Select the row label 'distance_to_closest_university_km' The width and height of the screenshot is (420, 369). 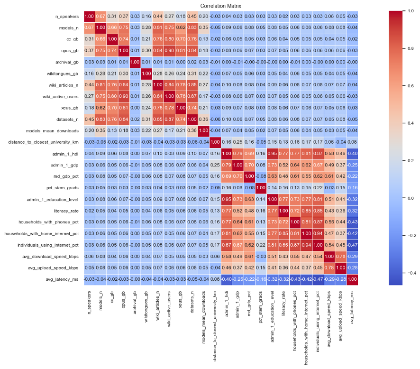(43, 142)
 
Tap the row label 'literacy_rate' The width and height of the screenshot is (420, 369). (67, 211)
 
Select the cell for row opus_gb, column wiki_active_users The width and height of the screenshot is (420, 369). (168, 50)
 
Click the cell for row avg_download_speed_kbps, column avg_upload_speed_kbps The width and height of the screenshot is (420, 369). (340, 257)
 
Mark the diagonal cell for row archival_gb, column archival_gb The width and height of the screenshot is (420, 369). (134, 62)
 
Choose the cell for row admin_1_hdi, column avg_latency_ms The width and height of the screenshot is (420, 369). (352, 154)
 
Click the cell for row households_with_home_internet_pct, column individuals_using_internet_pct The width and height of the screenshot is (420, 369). (317, 233)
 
